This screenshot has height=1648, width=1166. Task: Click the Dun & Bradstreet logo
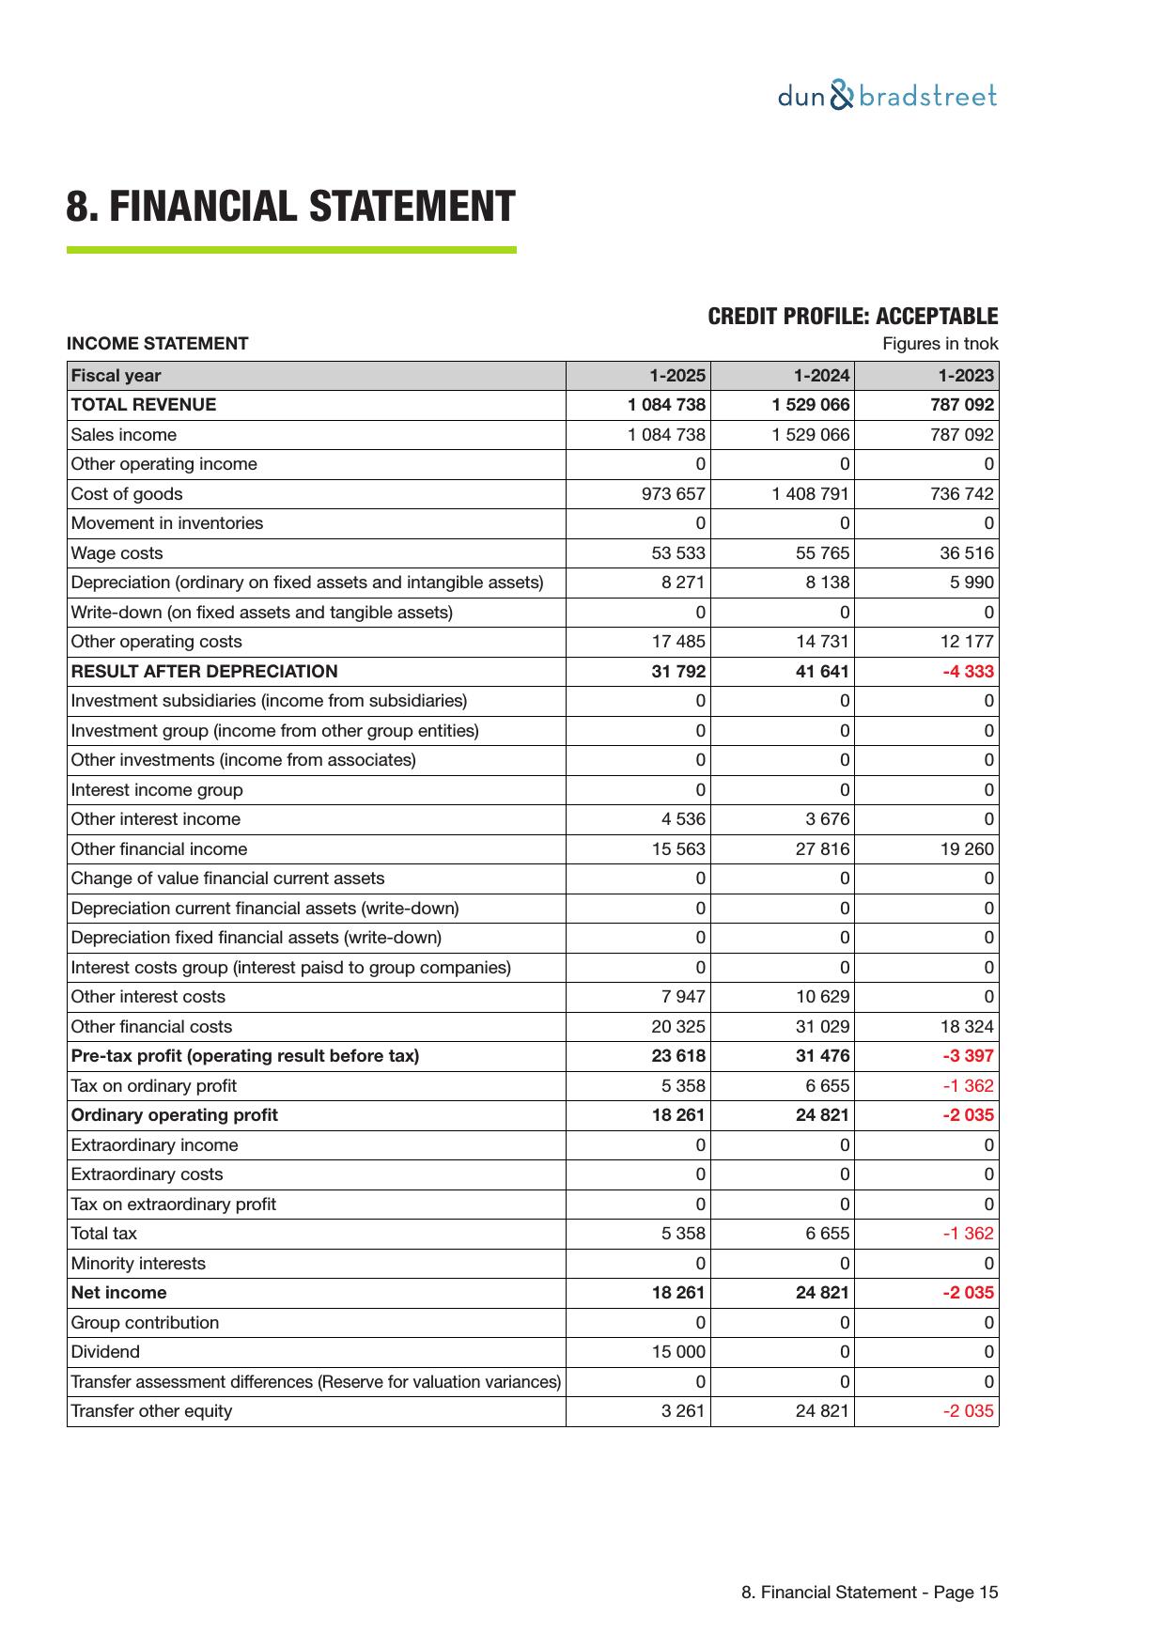887,96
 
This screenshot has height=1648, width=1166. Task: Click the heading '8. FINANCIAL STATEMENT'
290,207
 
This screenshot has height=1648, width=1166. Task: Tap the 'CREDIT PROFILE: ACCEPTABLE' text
852,317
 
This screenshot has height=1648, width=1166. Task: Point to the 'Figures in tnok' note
940,344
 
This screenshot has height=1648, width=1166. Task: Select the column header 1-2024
821,376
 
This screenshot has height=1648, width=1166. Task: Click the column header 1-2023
966,376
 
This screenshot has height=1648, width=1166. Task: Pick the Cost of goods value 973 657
673,494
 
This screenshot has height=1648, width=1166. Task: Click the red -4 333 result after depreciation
969,672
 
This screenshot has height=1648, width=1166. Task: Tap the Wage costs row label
117,553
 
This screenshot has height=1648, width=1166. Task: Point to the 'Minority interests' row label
138,1264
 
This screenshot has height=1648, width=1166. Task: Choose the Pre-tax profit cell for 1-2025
678,1056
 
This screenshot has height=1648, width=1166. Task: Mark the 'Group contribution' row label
145,1323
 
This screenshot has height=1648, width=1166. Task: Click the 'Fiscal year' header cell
116,376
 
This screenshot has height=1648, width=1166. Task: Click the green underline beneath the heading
291,250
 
